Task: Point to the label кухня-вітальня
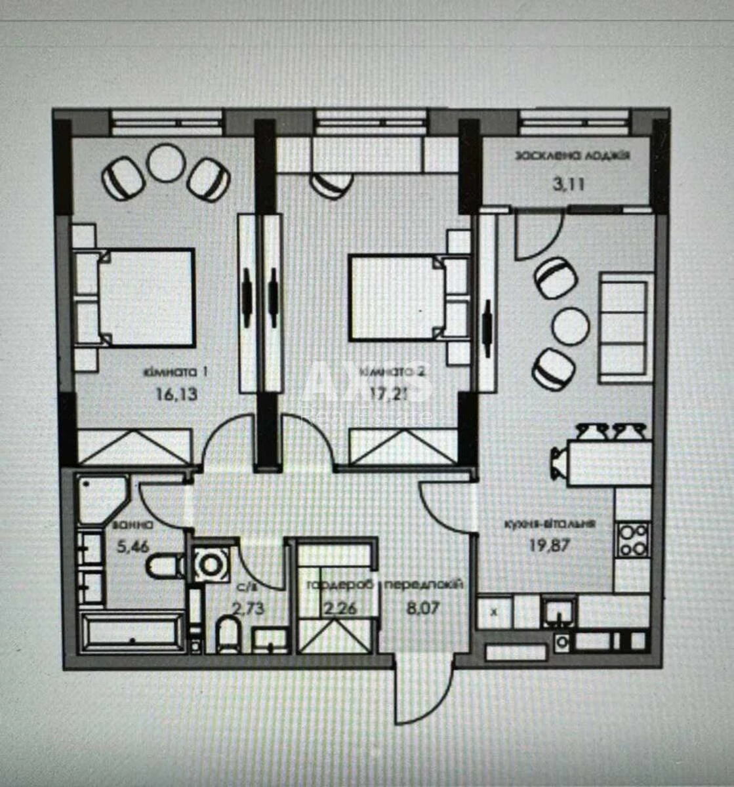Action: tap(550, 524)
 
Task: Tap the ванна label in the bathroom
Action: tap(133, 525)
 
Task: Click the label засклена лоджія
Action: tap(573, 156)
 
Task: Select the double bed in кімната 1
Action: tap(146, 297)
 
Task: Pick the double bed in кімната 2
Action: tap(394, 297)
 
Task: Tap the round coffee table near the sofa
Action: tap(570, 326)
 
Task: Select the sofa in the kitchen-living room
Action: tap(625, 327)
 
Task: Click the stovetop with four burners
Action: tap(634, 539)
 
